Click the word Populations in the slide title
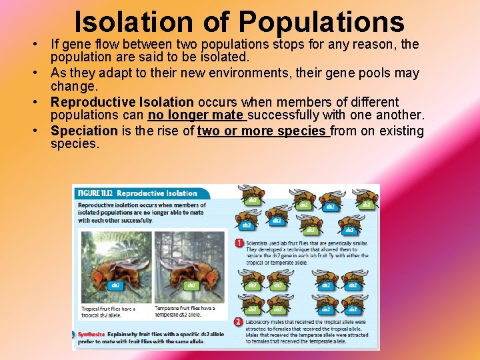click(321, 21)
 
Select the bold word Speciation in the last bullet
click(84, 131)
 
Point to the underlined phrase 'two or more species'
click(262, 131)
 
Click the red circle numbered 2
click(239, 322)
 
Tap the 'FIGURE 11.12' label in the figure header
click(96, 193)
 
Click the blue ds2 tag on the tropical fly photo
click(115, 285)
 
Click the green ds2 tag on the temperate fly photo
click(191, 285)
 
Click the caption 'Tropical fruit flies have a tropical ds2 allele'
click(109, 312)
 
